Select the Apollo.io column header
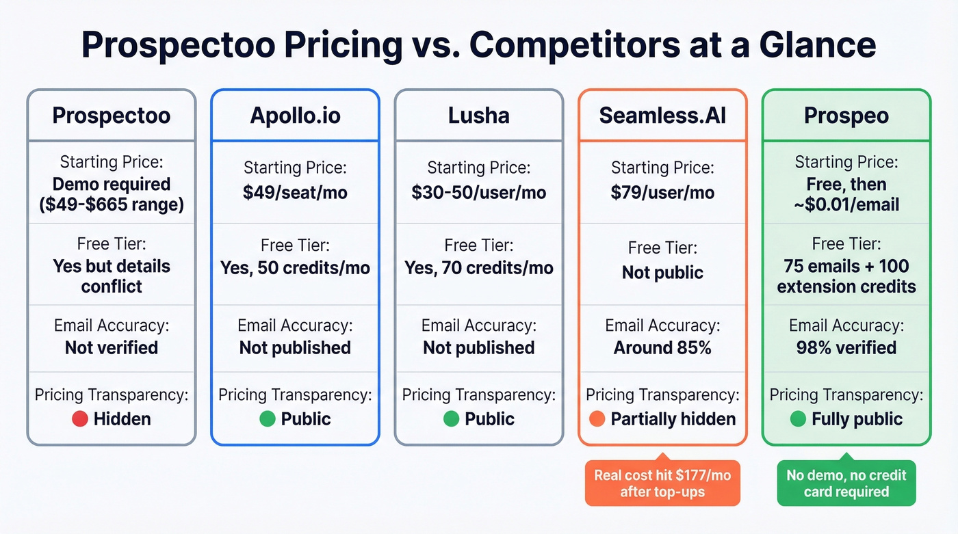click(x=295, y=116)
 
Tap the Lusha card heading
click(x=478, y=116)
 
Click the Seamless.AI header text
click(x=662, y=116)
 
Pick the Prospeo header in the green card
click(x=846, y=116)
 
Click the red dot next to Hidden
click(x=80, y=419)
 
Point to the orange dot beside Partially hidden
click(x=597, y=419)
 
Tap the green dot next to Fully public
click(x=798, y=419)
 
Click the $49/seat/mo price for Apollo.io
click(x=295, y=193)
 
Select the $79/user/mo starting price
click(x=662, y=193)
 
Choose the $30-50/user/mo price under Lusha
click(x=478, y=193)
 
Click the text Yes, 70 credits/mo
click(x=478, y=267)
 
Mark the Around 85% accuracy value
click(x=662, y=347)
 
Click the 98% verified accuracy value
click(x=846, y=347)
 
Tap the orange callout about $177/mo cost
click(x=662, y=483)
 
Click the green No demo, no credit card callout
click(x=846, y=483)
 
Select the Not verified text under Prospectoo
click(x=112, y=347)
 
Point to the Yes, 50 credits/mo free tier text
click(x=295, y=267)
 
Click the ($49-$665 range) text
click(x=112, y=204)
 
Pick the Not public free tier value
click(x=662, y=273)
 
